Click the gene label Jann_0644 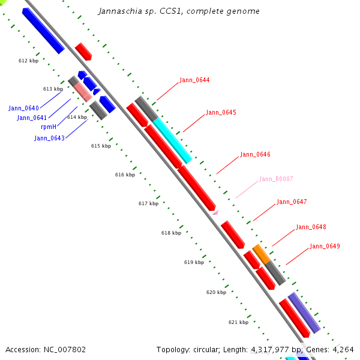(194, 80)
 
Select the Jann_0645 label (221, 112)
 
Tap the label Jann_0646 (255, 154)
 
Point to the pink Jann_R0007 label (276, 179)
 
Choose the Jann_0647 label (292, 202)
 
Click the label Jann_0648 (311, 227)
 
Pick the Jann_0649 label (325, 246)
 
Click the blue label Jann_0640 (23, 108)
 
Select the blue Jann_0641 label (32, 118)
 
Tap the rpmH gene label (48, 127)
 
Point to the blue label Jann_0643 (49, 138)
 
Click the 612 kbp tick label (28, 61)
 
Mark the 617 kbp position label (148, 203)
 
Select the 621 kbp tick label (238, 322)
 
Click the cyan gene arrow (172, 140)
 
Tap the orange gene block (260, 254)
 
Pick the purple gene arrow (304, 312)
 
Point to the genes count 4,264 (342, 349)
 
